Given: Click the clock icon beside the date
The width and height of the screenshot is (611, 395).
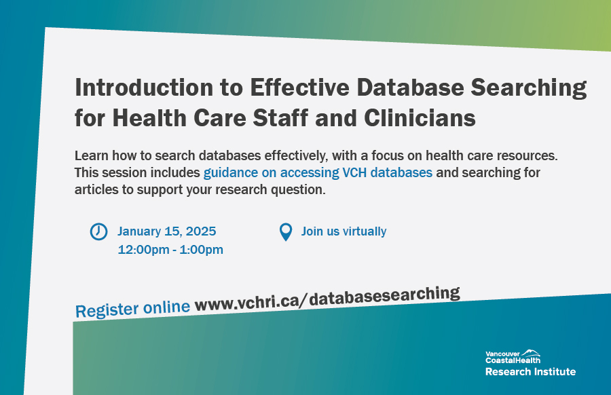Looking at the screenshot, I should pos(98,231).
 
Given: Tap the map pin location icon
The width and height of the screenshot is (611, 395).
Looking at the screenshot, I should pos(286,232).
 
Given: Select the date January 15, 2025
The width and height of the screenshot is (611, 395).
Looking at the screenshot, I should pos(166,231).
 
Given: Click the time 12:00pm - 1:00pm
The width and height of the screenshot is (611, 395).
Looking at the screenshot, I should pos(170,250).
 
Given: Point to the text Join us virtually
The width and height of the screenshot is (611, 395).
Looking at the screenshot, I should pos(344,231).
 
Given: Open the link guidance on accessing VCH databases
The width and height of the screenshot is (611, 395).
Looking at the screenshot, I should pos(318,172).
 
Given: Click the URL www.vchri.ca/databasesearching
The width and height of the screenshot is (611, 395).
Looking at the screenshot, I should pos(327,300).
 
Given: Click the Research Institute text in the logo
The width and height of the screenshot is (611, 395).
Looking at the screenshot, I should pos(530,372).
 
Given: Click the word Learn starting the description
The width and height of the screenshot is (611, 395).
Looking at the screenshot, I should pos(90,155).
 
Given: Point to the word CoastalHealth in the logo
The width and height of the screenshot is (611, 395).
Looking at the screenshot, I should pos(513,360).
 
